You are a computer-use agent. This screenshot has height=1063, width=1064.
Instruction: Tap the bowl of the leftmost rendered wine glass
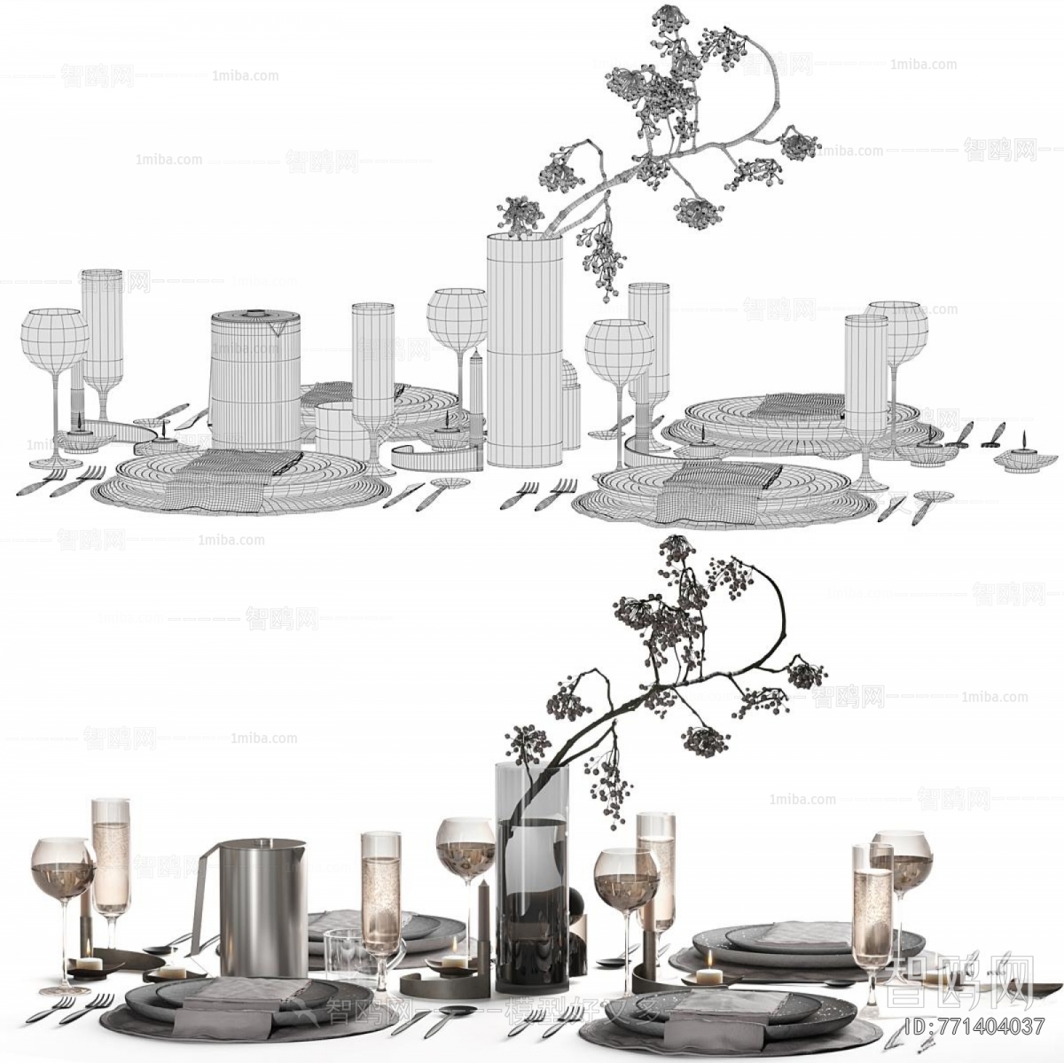[x=62, y=869]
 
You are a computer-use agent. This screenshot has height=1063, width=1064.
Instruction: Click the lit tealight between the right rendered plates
[x=709, y=976]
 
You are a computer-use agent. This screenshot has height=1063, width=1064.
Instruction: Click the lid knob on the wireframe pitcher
[x=255, y=314]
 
